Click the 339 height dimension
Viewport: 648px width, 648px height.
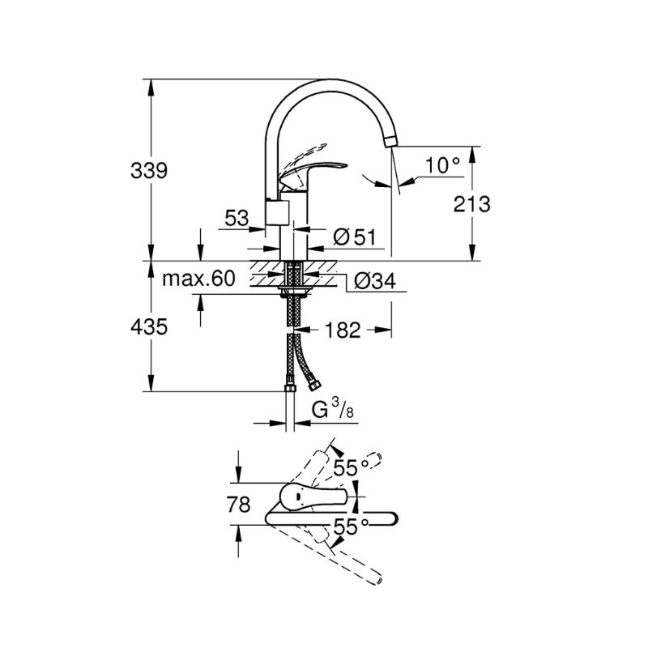pyautogui.click(x=149, y=170)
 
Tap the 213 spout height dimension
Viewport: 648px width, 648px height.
pyautogui.click(x=471, y=204)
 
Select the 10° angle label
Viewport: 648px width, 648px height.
pyautogui.click(x=442, y=165)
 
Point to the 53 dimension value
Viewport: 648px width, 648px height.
pyautogui.click(x=237, y=218)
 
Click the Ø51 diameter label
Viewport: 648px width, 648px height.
pyautogui.click(x=355, y=237)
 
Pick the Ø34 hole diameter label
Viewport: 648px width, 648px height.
pyautogui.click(x=375, y=281)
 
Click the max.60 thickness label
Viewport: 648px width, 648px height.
pyautogui.click(x=198, y=279)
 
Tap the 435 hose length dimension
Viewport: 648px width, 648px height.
pyautogui.click(x=149, y=327)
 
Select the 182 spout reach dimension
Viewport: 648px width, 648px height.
pyautogui.click(x=343, y=330)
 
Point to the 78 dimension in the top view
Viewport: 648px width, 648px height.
pyautogui.click(x=238, y=504)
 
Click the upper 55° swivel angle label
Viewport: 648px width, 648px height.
pyautogui.click(x=351, y=468)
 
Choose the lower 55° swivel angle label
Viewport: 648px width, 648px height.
pyautogui.click(x=351, y=527)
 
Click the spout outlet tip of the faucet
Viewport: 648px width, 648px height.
pyautogui.click(x=390, y=141)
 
